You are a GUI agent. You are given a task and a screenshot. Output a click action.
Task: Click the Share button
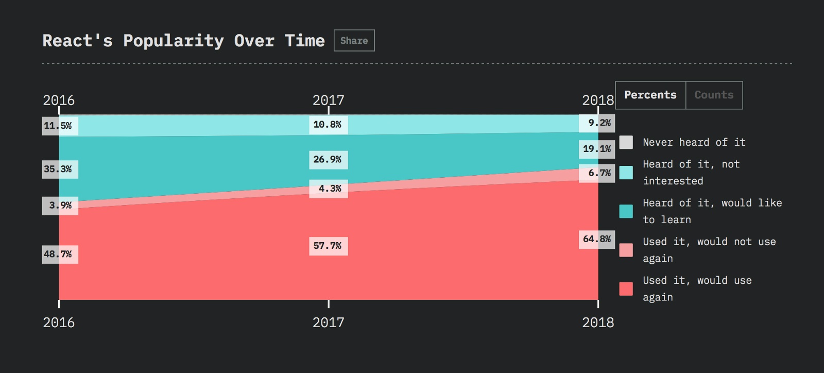pyautogui.click(x=354, y=41)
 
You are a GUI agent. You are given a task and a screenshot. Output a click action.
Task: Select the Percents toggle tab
pyautogui.click(x=650, y=95)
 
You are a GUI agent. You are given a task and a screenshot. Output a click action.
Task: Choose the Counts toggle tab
pyautogui.click(x=714, y=95)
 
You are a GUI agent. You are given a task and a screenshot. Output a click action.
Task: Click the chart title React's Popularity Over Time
pyautogui.click(x=183, y=41)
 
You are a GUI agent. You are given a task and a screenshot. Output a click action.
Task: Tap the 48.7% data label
pyautogui.click(x=60, y=254)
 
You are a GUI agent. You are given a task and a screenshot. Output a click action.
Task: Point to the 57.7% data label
pyautogui.click(x=328, y=246)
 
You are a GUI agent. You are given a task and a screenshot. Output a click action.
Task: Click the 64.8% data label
pyautogui.click(x=597, y=239)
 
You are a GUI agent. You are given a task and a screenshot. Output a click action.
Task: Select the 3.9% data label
pyautogui.click(x=60, y=206)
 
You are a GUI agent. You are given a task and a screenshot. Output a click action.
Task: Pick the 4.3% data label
pyautogui.click(x=329, y=189)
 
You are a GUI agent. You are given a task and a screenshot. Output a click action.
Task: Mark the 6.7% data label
pyautogui.click(x=597, y=173)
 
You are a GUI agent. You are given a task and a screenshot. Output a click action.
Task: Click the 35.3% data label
pyautogui.click(x=60, y=169)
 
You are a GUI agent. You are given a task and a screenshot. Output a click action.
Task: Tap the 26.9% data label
pyautogui.click(x=328, y=160)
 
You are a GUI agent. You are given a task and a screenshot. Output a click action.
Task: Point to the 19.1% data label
pyautogui.click(x=597, y=149)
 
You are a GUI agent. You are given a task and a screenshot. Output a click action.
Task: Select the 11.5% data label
pyautogui.click(x=60, y=126)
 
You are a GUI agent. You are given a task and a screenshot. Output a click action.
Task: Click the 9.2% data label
pyautogui.click(x=597, y=123)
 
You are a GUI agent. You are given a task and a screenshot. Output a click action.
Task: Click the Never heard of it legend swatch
pyautogui.click(x=626, y=142)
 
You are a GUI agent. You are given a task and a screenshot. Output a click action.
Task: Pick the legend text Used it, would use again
pyautogui.click(x=697, y=289)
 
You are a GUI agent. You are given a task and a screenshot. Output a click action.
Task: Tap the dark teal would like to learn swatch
pyautogui.click(x=626, y=211)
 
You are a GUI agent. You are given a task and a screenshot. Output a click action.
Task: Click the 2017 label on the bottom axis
pyautogui.click(x=328, y=323)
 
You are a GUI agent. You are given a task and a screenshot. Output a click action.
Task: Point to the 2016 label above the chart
pyautogui.click(x=59, y=100)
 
